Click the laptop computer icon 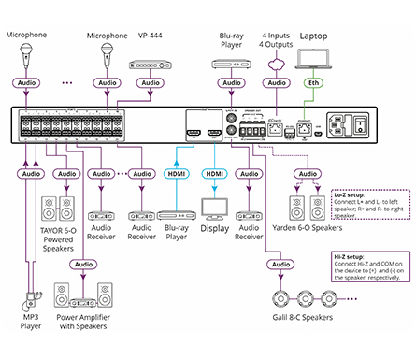point(313,59)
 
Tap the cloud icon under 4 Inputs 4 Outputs point(277,62)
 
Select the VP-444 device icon point(150,64)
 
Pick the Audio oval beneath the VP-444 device point(149,83)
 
